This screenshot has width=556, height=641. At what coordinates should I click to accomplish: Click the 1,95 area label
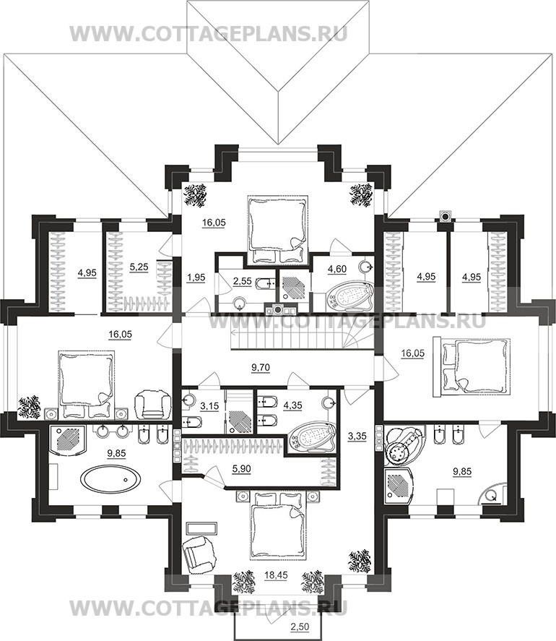(196, 278)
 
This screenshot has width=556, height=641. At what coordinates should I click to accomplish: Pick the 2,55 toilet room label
(243, 281)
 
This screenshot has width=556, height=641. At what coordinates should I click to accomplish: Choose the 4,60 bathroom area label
(337, 269)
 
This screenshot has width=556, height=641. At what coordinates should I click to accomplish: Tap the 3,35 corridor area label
(358, 436)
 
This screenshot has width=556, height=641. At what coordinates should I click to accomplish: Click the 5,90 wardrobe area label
(241, 469)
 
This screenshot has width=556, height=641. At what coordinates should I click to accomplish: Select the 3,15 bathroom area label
(209, 406)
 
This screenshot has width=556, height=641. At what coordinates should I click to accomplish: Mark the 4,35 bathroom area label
(292, 405)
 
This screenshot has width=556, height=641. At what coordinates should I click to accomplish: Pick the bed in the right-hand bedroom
(472, 366)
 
